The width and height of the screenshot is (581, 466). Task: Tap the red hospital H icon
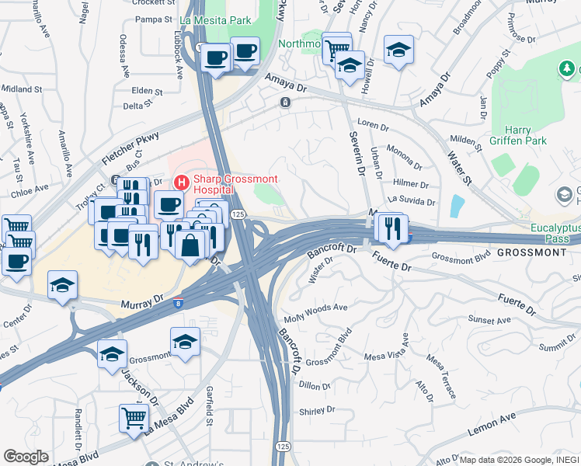click(181, 183)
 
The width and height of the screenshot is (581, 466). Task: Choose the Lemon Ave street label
click(492, 424)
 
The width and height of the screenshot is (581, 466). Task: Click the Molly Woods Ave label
click(315, 308)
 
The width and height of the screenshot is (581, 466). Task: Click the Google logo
click(26, 457)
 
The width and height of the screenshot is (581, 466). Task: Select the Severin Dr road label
click(360, 154)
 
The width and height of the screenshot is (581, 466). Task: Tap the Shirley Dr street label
click(316, 410)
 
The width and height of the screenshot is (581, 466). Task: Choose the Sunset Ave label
click(489, 320)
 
